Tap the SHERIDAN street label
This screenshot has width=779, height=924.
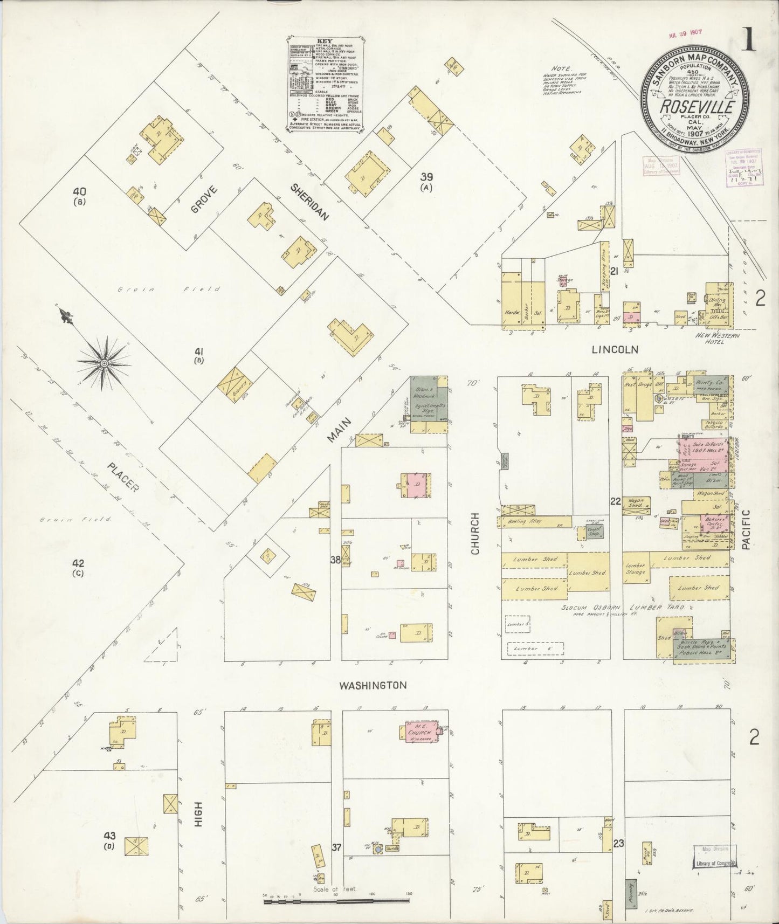309,202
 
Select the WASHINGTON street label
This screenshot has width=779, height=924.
373,685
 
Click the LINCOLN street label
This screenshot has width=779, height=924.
615,349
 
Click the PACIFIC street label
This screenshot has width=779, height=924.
746,530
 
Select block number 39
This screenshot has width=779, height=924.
427,177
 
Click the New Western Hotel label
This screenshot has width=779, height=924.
716,338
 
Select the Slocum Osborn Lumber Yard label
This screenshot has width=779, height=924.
622,607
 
